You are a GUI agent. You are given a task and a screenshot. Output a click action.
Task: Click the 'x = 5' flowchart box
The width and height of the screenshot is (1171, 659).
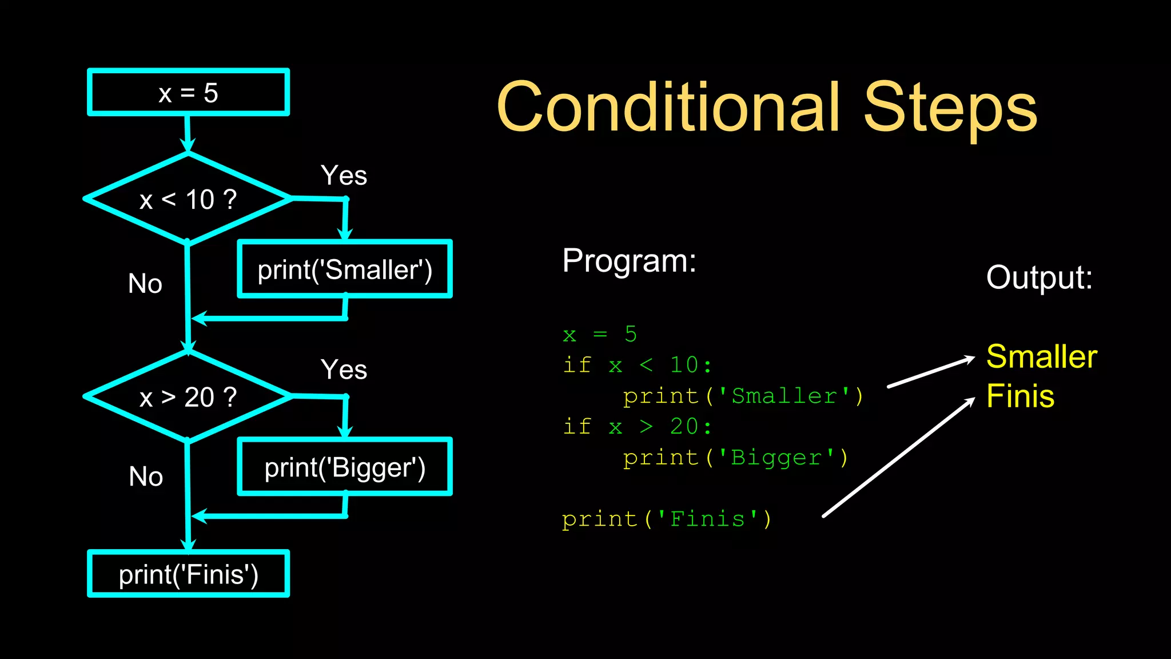click(x=188, y=93)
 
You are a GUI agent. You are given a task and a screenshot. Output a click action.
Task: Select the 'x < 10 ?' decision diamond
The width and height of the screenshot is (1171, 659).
click(x=188, y=199)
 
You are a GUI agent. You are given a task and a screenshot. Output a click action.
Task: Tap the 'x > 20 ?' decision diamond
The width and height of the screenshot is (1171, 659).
click(x=188, y=396)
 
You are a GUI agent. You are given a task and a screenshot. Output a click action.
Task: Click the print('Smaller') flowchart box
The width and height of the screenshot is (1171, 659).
click(x=345, y=269)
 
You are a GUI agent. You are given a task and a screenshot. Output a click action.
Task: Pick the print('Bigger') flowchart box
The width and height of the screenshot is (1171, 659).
click(x=345, y=467)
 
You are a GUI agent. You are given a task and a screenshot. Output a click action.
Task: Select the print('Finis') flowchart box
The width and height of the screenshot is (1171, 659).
click(x=188, y=574)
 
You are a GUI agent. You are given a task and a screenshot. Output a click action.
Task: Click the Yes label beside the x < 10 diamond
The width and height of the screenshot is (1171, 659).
click(x=344, y=175)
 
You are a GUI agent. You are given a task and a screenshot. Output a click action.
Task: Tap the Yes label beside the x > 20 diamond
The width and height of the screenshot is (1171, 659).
click(x=344, y=370)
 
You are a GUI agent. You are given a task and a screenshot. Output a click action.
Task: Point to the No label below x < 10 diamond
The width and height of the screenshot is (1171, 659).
click(x=145, y=284)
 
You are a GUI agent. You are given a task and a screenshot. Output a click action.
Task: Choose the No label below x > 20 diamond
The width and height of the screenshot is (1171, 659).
click(x=146, y=477)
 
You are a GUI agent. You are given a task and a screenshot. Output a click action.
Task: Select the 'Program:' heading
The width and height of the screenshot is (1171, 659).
click(x=629, y=261)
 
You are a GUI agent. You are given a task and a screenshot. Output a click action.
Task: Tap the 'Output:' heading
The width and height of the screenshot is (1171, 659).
click(x=1039, y=277)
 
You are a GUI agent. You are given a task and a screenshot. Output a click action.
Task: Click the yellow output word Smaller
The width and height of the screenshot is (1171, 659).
click(x=1041, y=356)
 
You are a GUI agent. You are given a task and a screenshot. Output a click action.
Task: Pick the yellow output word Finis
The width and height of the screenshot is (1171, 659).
click(x=1020, y=396)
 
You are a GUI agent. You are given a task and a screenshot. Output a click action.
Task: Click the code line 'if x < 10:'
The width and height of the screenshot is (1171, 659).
click(x=638, y=365)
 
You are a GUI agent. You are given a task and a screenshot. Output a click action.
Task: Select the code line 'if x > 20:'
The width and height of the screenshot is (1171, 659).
click(x=638, y=427)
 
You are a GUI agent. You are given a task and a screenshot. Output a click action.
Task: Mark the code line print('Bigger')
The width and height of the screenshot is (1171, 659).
click(x=735, y=458)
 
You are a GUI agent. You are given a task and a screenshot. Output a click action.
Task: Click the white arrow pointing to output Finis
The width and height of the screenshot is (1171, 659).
click(x=898, y=458)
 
